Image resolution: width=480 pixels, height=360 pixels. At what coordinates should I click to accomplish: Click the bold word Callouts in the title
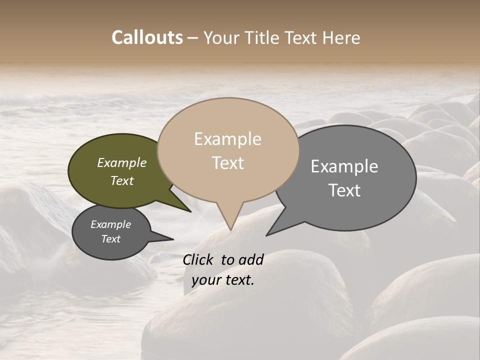(147, 37)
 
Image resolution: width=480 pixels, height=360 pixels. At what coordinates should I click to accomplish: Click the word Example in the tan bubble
(227, 139)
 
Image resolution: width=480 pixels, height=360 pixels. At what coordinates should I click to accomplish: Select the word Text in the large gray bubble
(345, 190)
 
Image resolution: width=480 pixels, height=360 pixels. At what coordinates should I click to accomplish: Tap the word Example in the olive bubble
(122, 163)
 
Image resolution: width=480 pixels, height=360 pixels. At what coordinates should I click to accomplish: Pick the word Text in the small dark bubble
(111, 239)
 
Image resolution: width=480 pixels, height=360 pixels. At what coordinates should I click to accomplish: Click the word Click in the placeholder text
(199, 259)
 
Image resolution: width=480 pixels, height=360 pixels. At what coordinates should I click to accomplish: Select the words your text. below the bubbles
(223, 280)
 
